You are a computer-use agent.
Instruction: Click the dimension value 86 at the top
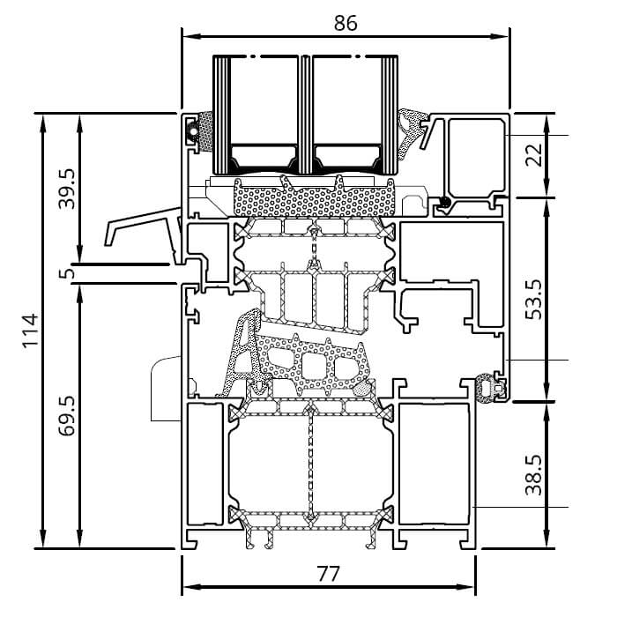click(346, 24)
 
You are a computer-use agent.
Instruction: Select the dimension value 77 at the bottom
click(328, 574)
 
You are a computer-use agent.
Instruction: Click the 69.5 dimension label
click(66, 414)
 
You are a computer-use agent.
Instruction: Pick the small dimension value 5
click(66, 273)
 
